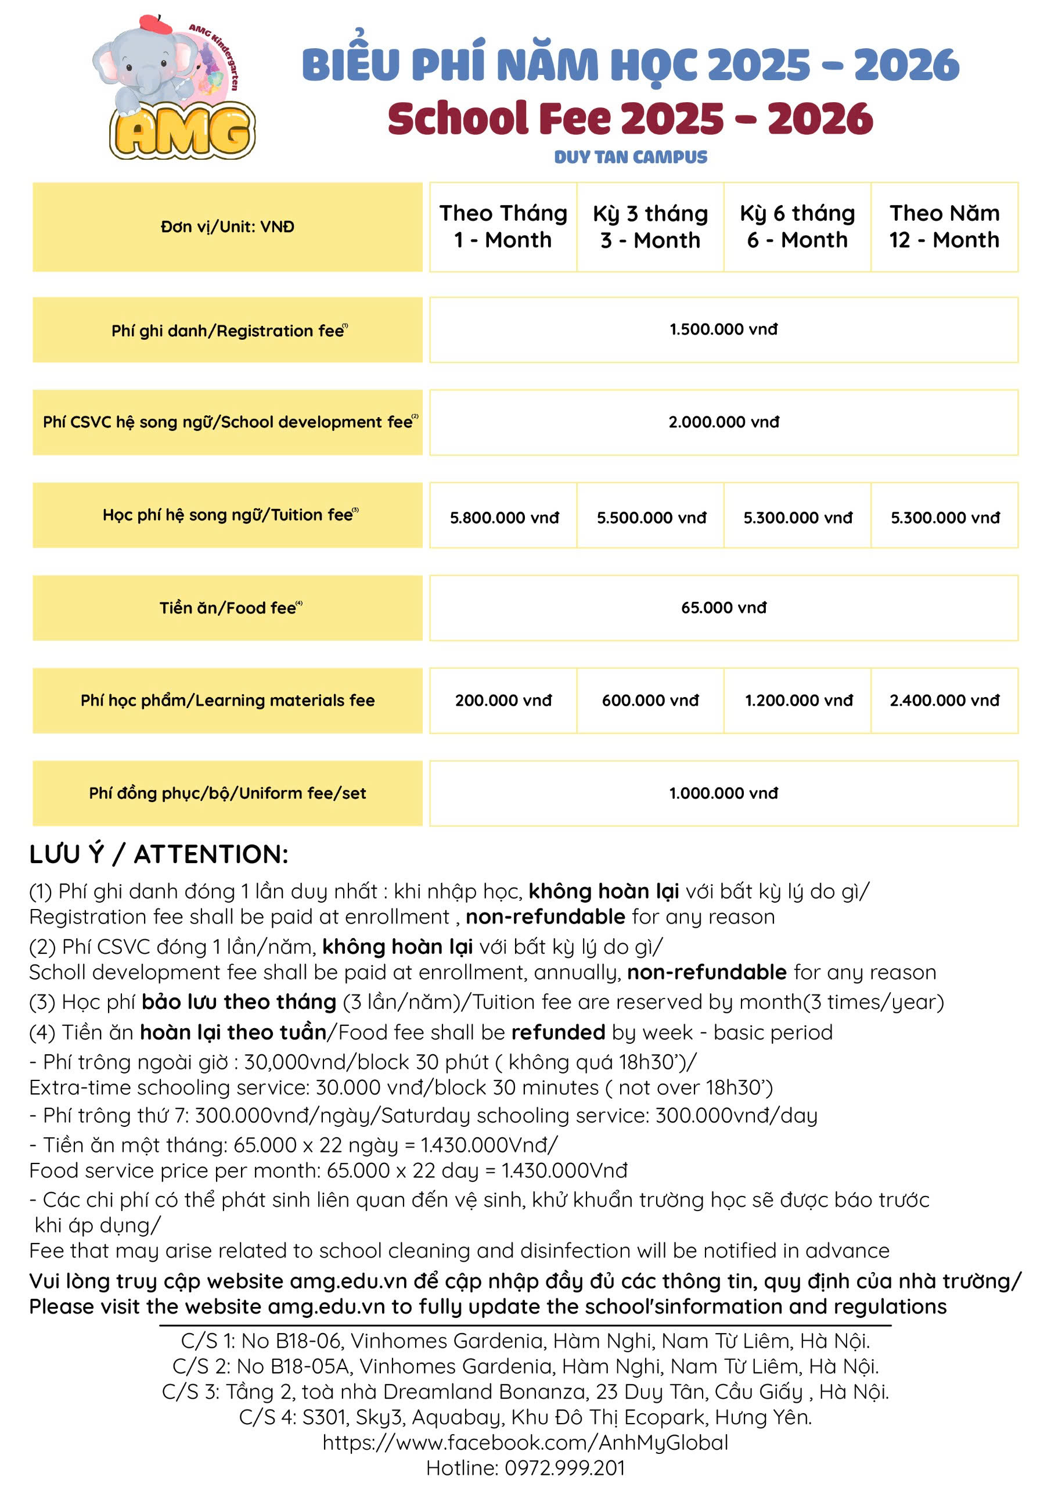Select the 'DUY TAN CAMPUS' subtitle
(630, 157)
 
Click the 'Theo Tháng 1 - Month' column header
(503, 226)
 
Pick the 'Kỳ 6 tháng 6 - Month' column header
(797, 226)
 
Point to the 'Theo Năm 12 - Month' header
(944, 226)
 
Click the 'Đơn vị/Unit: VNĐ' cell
(227, 227)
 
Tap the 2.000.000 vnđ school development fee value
(724, 422)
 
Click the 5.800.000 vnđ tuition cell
(505, 518)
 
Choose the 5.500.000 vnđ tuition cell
(651, 518)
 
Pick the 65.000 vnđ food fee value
(724, 607)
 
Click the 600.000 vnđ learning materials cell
(650, 700)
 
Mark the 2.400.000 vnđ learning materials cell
(944, 700)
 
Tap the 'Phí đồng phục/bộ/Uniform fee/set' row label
(227, 793)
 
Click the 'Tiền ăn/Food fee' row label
(227, 608)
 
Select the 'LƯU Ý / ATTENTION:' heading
(159, 854)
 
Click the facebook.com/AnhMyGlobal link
(525, 1442)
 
